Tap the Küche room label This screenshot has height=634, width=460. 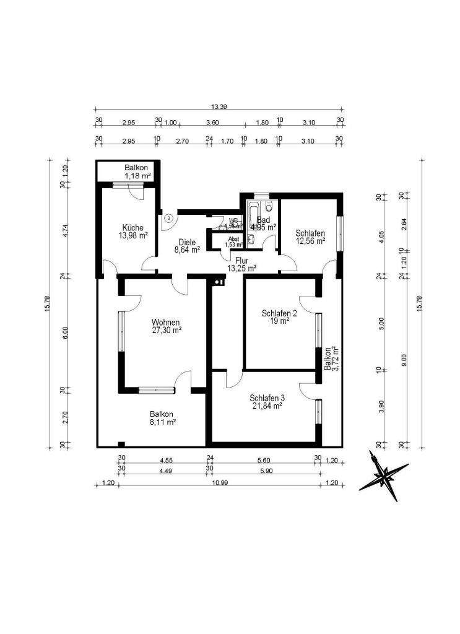134,231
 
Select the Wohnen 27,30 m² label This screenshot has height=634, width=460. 166,326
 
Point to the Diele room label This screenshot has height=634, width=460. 186,246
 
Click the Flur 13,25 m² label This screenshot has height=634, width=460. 241,264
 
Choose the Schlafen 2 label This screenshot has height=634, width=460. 279,317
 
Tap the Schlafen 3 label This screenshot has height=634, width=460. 267,402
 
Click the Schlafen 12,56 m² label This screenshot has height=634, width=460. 310,237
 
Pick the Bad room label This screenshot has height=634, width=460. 264,223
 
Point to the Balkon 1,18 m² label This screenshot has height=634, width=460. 136,172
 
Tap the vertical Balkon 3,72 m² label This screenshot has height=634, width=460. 331,358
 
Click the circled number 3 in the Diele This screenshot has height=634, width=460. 169,217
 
